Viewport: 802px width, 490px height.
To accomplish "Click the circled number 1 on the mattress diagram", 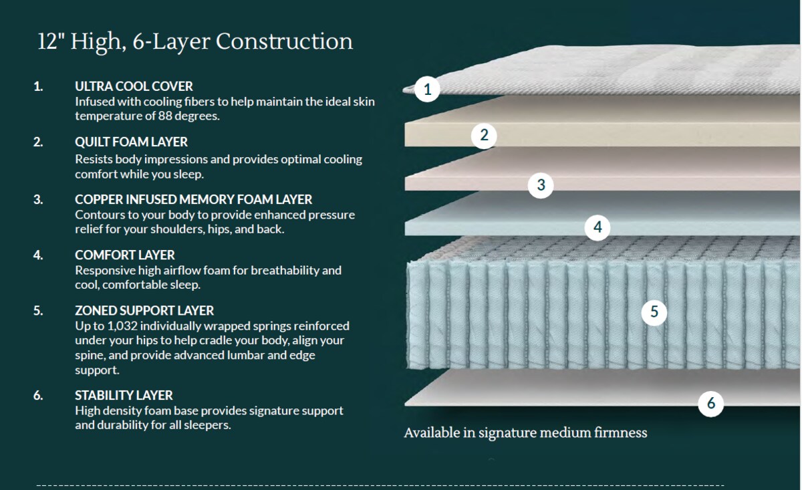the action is (x=427, y=89).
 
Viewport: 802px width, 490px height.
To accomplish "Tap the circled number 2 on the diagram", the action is (x=484, y=136).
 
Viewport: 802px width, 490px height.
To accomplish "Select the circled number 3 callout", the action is (x=541, y=185).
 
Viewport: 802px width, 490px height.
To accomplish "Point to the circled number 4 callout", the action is (x=597, y=227).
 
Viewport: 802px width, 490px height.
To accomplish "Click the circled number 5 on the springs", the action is (x=654, y=312).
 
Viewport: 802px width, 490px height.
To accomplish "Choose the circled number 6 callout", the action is (x=710, y=404).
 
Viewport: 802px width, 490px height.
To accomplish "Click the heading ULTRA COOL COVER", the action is (x=134, y=86).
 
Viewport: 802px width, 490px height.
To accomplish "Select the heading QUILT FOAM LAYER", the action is (x=131, y=142).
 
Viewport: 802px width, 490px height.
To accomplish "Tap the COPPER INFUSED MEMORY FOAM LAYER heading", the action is (x=193, y=199).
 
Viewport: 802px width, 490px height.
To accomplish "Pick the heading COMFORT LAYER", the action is (x=124, y=255).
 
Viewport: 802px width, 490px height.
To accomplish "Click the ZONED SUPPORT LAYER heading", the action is (x=144, y=311).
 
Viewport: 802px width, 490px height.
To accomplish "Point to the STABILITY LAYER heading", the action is (x=124, y=396).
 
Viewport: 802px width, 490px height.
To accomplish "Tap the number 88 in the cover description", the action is (x=164, y=116).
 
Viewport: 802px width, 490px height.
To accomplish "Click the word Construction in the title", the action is (x=284, y=41).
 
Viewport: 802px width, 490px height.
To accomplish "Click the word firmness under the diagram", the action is (x=620, y=433).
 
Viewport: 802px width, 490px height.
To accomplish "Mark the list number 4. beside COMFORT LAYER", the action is (x=38, y=255).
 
